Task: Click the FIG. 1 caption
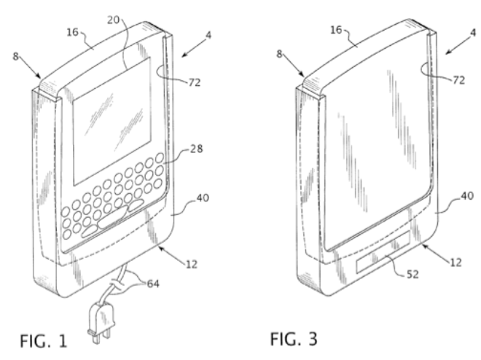click(43, 340)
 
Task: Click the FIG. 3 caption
click(294, 339)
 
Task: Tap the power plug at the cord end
click(101, 321)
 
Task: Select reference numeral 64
click(153, 284)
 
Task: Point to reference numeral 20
click(113, 20)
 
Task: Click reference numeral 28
click(196, 149)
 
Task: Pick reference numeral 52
click(412, 275)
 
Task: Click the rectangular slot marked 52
click(383, 252)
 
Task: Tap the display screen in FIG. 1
click(112, 121)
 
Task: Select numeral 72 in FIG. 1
click(195, 82)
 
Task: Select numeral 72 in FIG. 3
click(458, 80)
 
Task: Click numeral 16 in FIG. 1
click(73, 32)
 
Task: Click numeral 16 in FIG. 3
click(336, 30)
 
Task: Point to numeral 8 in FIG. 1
click(15, 56)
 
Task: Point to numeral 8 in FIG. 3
click(279, 54)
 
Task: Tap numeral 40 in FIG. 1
click(203, 197)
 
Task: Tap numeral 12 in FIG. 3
click(455, 262)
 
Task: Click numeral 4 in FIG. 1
click(208, 35)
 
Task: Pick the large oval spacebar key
click(112, 217)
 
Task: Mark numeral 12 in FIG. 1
click(192, 265)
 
